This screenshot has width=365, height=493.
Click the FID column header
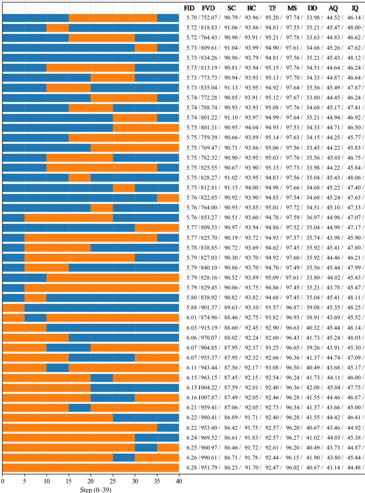click(189, 8)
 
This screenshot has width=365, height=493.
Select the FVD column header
click(208, 8)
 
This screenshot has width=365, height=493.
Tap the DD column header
click(312, 8)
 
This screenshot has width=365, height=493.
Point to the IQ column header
click(355, 8)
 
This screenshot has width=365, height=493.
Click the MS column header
click(292, 8)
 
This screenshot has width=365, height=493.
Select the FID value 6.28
click(192, 468)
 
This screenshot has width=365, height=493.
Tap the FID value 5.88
click(192, 308)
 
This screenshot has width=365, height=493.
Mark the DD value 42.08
click(312, 388)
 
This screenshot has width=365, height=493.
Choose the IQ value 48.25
click(354, 308)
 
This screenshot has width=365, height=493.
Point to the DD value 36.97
click(312, 218)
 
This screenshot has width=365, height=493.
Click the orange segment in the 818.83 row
click(57, 28)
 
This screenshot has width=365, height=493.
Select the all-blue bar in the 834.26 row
click(91, 58)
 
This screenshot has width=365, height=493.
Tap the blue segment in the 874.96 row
click(35, 318)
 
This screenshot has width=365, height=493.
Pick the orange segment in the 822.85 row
click(168, 198)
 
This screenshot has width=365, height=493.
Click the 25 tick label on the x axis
click(113, 481)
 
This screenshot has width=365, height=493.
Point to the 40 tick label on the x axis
click(179, 481)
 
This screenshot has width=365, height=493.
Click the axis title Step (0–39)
click(96, 490)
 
